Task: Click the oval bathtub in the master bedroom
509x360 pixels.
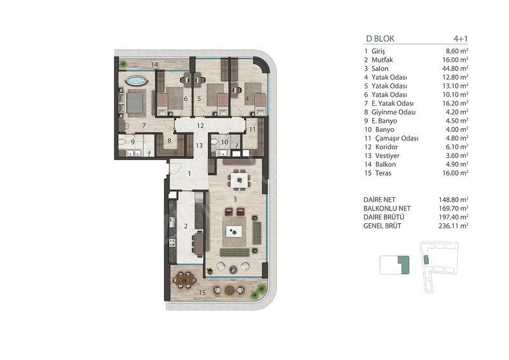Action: click(136, 81)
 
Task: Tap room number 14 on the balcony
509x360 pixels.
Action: click(155, 65)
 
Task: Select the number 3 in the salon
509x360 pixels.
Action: click(235, 199)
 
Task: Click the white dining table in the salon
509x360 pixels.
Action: click(239, 179)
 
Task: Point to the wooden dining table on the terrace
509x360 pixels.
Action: click(185, 279)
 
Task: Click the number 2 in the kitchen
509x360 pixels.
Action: click(186, 226)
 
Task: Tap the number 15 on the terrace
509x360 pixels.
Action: click(202, 293)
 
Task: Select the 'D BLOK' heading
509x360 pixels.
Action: click(380, 39)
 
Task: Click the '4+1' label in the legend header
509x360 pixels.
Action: click(461, 39)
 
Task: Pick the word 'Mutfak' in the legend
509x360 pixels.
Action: click(382, 60)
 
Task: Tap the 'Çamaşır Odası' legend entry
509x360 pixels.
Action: click(396, 138)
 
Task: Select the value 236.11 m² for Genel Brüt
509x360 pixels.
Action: click(453, 226)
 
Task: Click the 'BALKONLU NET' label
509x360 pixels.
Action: click(387, 209)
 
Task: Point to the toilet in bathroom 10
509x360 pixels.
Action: click(214, 142)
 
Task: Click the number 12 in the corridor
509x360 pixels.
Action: click(200, 126)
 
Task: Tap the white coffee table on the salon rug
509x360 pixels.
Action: click(234, 232)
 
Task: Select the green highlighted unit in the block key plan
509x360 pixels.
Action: click(404, 265)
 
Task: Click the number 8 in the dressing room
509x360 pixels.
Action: click(169, 141)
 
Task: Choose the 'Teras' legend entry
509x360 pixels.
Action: click(384, 174)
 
